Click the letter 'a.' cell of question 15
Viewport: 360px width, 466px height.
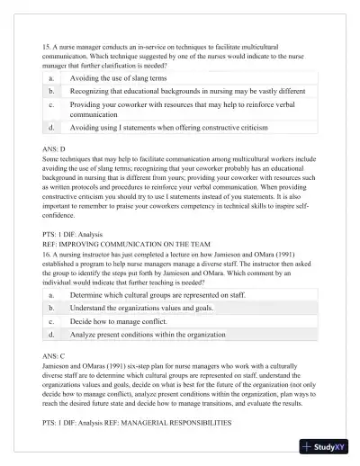pyautogui.click(x=51, y=79)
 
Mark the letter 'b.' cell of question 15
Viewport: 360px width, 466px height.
pyautogui.click(x=51, y=92)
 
